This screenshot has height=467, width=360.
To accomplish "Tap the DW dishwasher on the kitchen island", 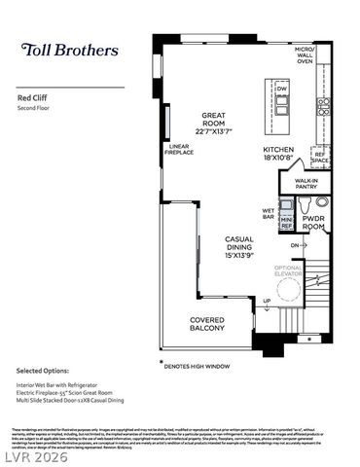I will [x=282, y=90].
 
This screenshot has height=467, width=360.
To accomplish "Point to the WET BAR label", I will [x=269, y=213].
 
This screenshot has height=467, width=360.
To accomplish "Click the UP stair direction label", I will [x=267, y=301].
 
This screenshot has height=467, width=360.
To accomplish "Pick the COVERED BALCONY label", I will [x=207, y=325].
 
